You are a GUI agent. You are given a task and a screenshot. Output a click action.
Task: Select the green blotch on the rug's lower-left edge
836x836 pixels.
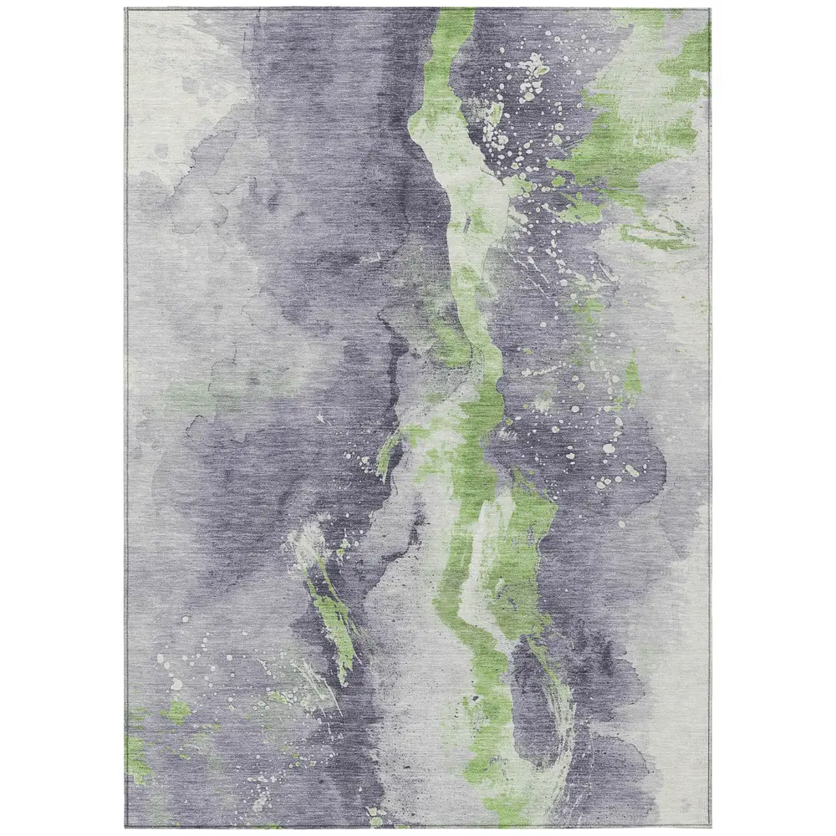pos(136,757)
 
